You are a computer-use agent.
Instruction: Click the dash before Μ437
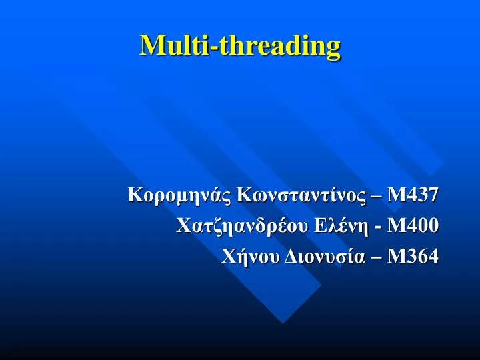[x=377, y=197]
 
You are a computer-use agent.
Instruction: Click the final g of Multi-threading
[x=333, y=49]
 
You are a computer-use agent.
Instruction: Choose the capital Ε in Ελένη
[x=321, y=226]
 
